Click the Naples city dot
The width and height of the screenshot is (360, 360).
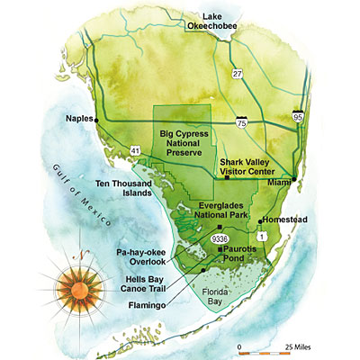tap(96, 119)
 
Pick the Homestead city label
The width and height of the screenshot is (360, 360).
tap(288, 220)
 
